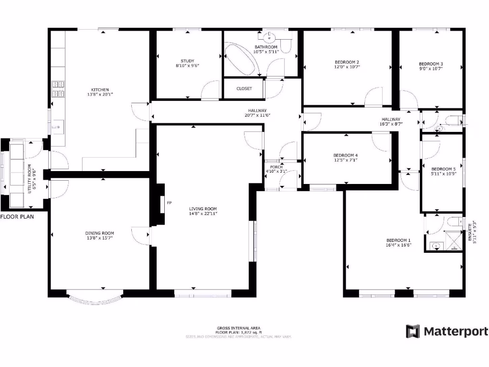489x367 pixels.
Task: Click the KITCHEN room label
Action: click(100, 89)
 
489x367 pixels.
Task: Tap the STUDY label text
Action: click(187, 61)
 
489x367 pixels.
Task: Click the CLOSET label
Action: click(244, 88)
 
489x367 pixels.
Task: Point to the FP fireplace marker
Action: click(169, 203)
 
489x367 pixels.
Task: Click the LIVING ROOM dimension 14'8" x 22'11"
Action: click(203, 214)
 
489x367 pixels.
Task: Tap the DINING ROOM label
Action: click(100, 233)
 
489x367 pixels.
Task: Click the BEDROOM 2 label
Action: click(347, 62)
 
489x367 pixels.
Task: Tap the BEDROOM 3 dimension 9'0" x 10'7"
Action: click(431, 68)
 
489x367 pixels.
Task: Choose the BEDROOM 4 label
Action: click(345, 155)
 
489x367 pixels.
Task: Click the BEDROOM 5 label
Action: click(444, 169)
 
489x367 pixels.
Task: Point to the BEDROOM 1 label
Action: click(399, 240)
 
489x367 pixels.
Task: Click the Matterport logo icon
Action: click(413, 331)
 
